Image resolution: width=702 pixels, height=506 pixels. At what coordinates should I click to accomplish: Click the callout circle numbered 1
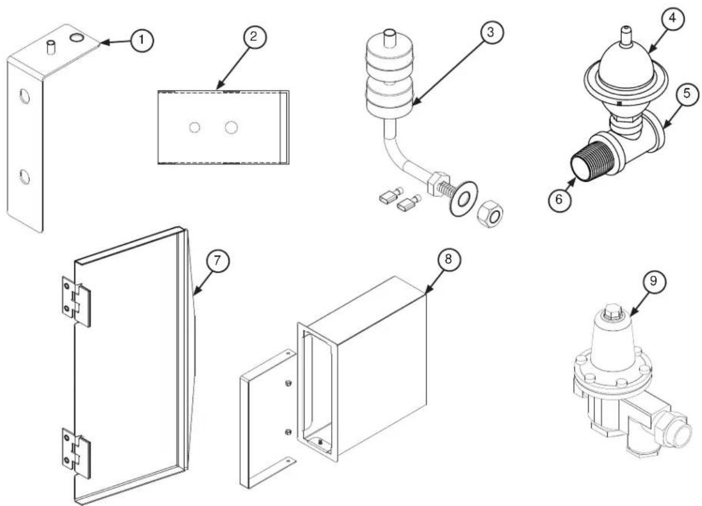click(x=142, y=41)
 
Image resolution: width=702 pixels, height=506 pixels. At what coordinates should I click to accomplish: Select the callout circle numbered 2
click(x=255, y=37)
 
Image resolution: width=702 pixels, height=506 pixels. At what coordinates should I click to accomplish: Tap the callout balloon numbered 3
click(x=491, y=32)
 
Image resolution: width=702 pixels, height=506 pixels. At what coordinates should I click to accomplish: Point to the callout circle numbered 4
click(x=673, y=19)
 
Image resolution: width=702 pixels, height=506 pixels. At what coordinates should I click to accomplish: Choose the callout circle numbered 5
click(x=687, y=94)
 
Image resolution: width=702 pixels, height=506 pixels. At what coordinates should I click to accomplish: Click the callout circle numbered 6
click(x=560, y=200)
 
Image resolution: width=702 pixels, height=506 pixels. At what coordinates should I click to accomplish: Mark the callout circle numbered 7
click(x=218, y=260)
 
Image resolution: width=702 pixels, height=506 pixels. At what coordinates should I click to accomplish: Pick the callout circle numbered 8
click(x=449, y=259)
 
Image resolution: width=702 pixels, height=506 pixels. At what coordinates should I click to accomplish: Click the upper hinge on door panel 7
click(x=76, y=302)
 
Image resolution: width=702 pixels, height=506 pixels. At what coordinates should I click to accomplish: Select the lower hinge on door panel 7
click(x=76, y=453)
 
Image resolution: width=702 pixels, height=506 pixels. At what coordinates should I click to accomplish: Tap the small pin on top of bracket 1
click(x=50, y=48)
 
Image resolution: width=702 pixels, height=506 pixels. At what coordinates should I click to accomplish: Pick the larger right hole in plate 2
click(x=231, y=127)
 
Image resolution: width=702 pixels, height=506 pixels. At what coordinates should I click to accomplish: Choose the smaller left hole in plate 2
click(x=195, y=128)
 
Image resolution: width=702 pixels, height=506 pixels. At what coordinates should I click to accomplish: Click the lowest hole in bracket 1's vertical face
click(x=25, y=177)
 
